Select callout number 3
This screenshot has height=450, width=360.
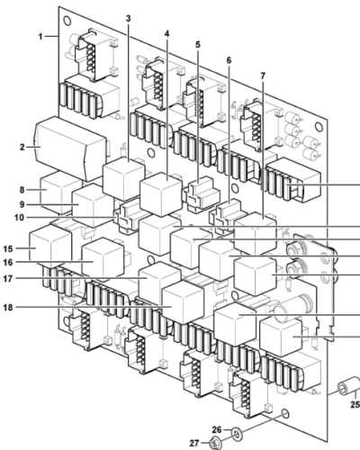point(128,18)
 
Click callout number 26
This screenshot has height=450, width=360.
point(216,429)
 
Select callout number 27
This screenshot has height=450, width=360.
point(192,442)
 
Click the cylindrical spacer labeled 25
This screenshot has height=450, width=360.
point(344,391)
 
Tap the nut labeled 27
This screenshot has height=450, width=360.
point(216,443)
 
